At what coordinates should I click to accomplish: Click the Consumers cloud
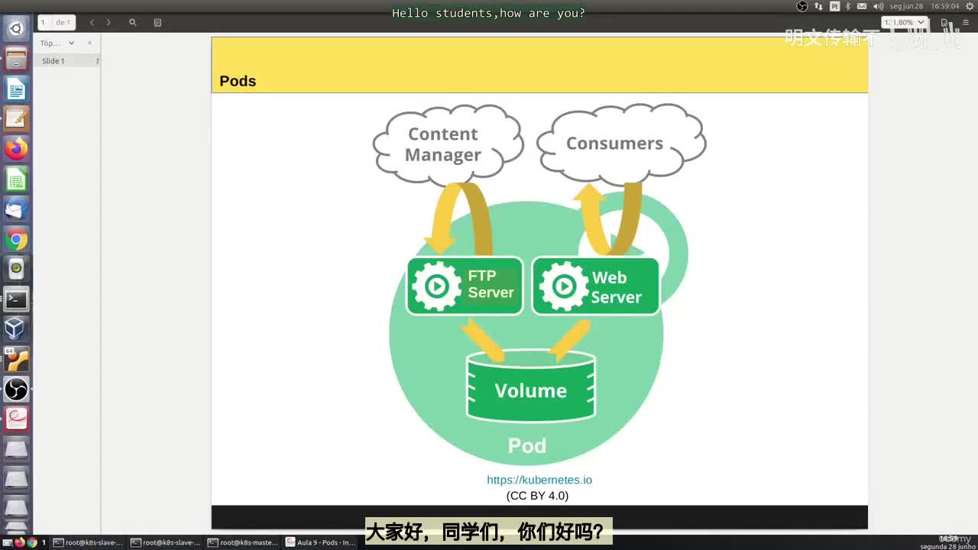(x=617, y=143)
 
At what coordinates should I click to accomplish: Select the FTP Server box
(x=465, y=286)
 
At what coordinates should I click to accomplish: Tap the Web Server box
(x=595, y=286)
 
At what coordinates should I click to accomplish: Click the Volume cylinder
(x=531, y=388)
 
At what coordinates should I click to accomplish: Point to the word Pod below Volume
(x=527, y=445)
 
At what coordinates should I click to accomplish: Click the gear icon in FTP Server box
(x=436, y=286)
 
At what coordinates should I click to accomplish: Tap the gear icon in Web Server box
(x=564, y=286)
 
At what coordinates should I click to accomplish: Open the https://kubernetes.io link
(x=539, y=480)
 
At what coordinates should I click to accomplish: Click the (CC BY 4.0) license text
(x=537, y=496)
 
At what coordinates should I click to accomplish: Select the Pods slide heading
(x=238, y=81)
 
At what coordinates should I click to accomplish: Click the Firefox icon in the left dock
(x=16, y=149)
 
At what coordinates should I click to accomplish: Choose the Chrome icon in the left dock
(x=16, y=240)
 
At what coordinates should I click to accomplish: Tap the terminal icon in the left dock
(x=16, y=299)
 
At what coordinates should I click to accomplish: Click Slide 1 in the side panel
(x=53, y=61)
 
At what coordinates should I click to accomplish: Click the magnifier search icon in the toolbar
(x=133, y=23)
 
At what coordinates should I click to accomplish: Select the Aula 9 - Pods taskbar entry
(x=320, y=542)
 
